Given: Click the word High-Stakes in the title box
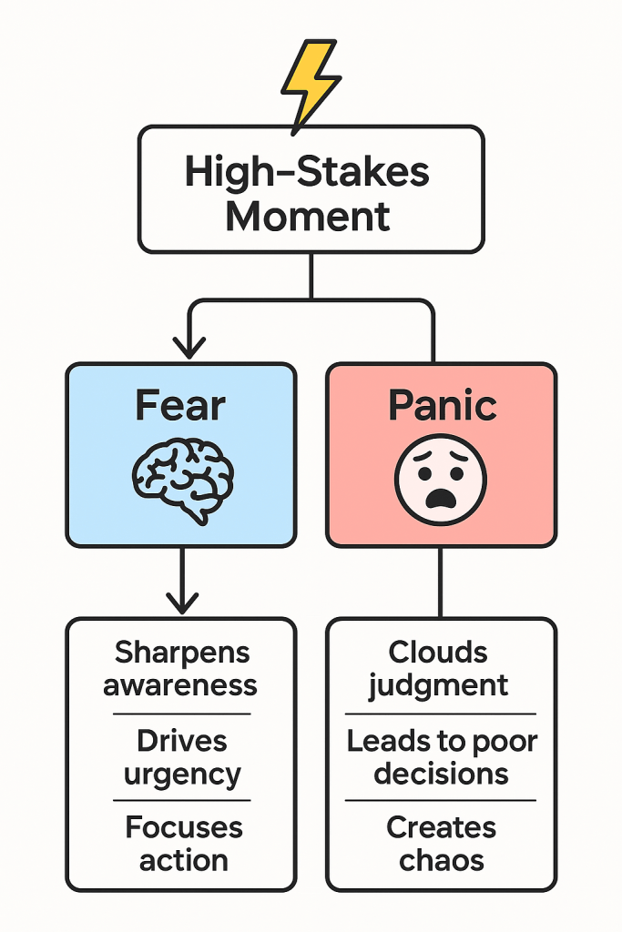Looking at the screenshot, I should tap(307, 172).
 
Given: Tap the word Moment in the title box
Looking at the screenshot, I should tap(308, 217).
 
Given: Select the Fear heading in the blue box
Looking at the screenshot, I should tap(180, 406).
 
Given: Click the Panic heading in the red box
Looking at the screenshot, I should tap(442, 406).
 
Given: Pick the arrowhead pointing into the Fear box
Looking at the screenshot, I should tap(189, 348).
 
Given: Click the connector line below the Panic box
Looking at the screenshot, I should tap(441, 582).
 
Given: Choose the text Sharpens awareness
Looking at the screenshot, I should tap(180, 668).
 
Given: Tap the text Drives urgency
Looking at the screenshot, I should tap(182, 757).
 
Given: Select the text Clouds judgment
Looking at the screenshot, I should tap(438, 668).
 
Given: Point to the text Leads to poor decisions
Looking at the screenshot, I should tap(442, 757).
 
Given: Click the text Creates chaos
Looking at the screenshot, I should tap(441, 844).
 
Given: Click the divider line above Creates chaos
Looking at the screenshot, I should tap(441, 801).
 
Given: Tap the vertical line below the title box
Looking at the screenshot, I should tap(311, 276).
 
